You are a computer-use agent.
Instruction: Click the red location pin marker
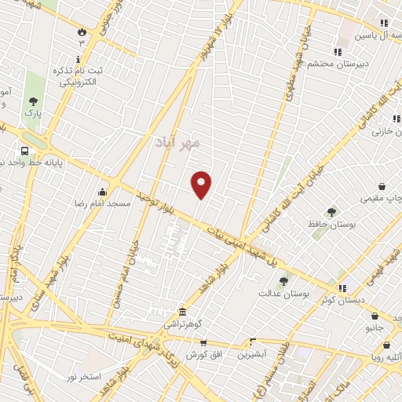click(x=202, y=184)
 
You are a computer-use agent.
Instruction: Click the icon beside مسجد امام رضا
click(x=101, y=192)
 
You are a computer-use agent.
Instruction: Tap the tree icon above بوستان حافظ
click(x=332, y=212)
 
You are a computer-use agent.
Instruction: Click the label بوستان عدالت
click(x=284, y=293)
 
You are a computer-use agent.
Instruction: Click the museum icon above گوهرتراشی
click(x=182, y=311)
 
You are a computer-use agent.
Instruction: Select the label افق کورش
click(x=203, y=355)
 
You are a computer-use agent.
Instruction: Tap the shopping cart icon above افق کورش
click(x=203, y=343)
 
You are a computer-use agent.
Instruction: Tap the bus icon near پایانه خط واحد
click(x=25, y=151)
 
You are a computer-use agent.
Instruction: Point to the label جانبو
click(x=375, y=327)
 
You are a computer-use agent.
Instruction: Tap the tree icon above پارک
click(x=33, y=101)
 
